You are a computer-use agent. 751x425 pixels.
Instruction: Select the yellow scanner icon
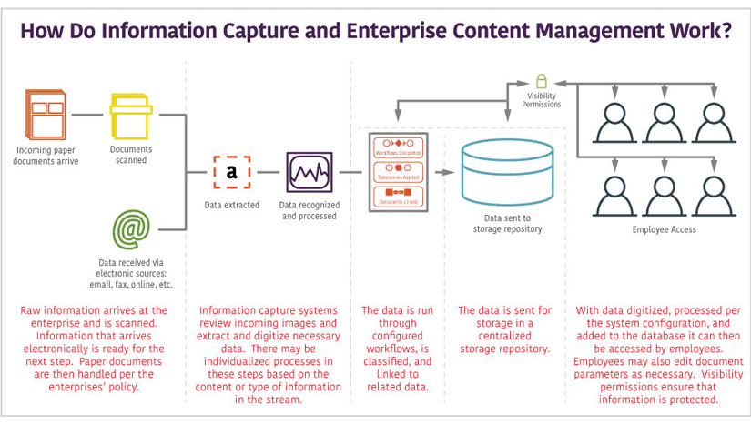pos(130,116)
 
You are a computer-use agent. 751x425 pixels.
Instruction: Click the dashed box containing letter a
pos(231,171)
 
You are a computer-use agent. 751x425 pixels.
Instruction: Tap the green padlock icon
pos(541,80)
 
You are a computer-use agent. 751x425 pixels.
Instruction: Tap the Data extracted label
pos(231,205)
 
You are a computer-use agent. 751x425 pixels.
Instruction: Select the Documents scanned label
pos(131,155)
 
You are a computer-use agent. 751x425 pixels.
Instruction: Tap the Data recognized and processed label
pos(308,210)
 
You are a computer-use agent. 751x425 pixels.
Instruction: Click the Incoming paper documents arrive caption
pos(47,156)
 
